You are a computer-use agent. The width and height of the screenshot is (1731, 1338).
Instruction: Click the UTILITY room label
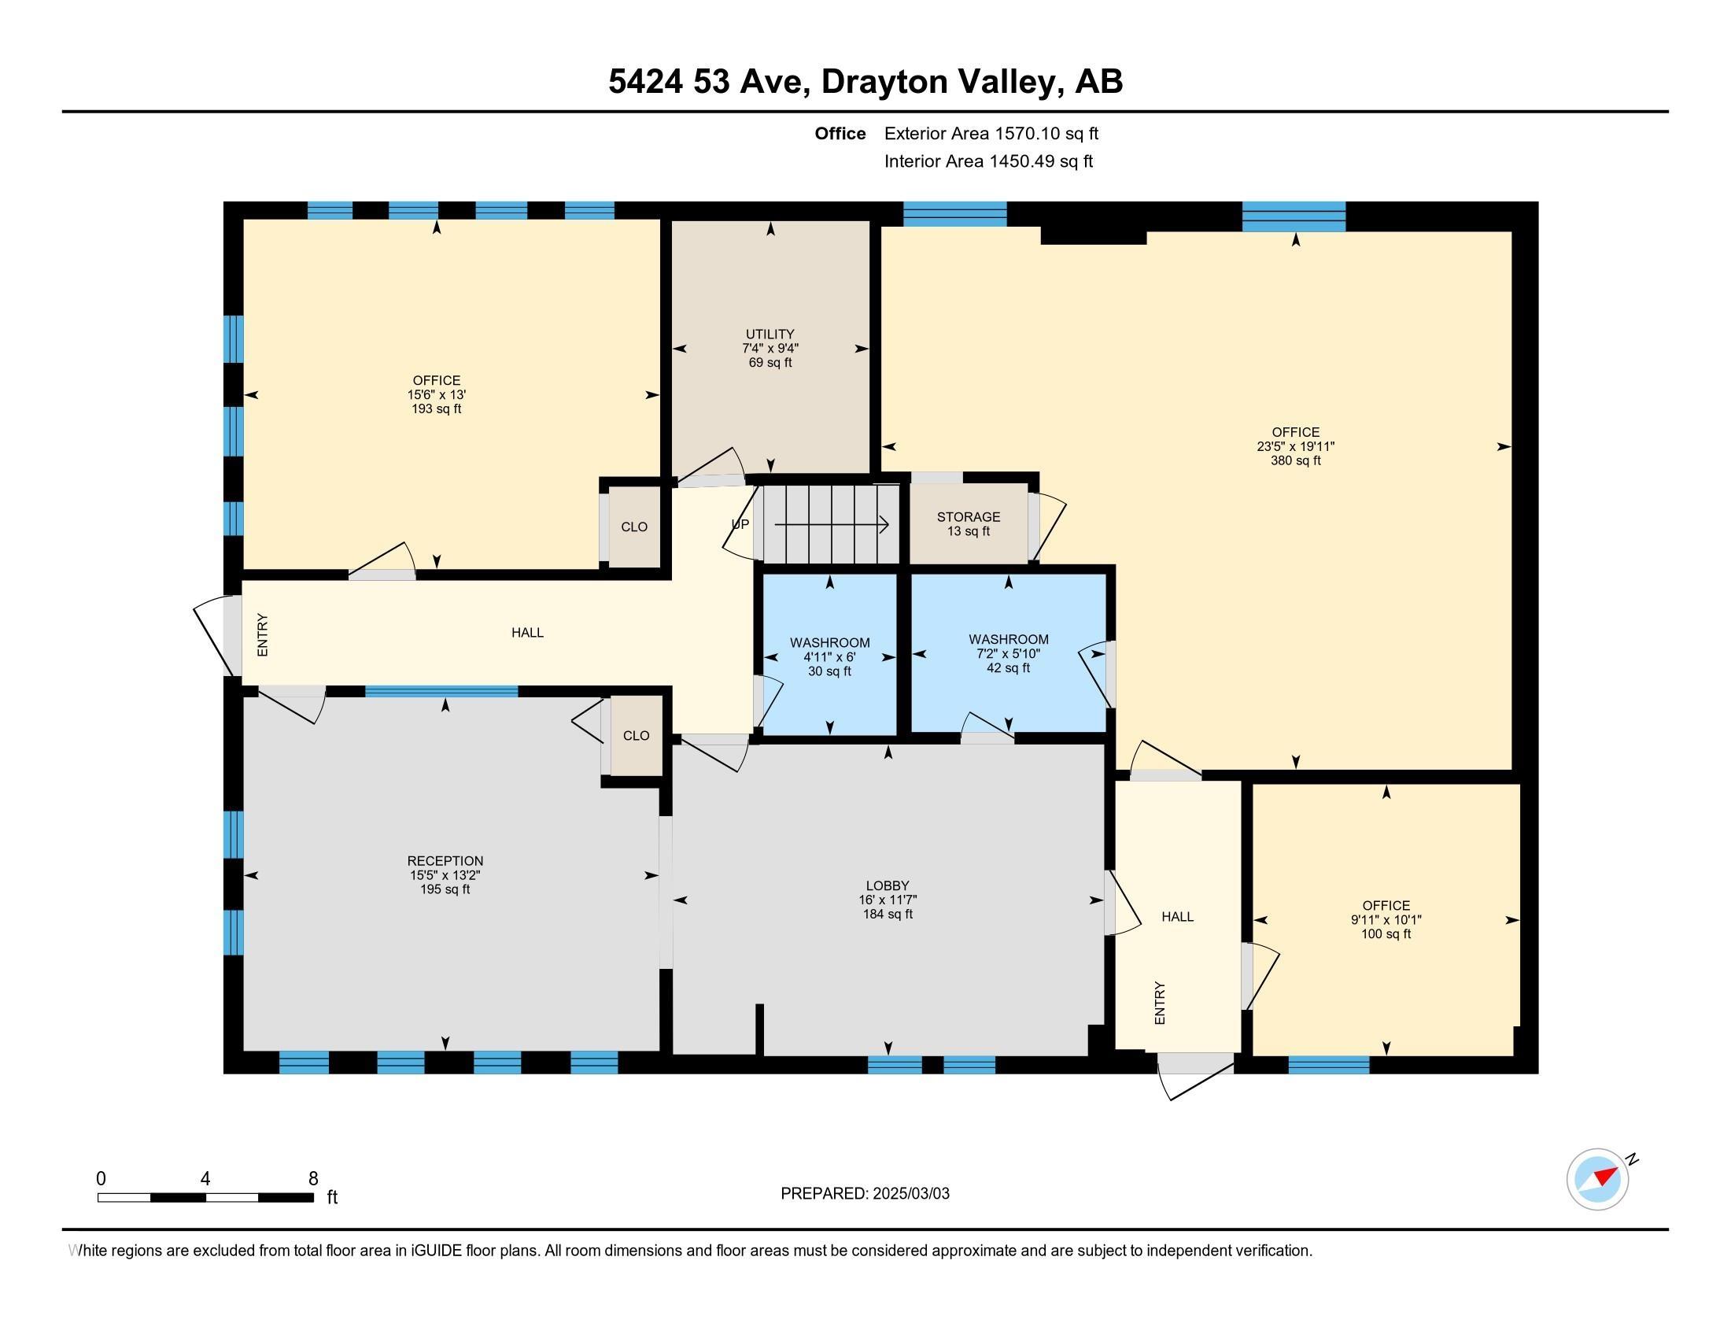click(x=770, y=334)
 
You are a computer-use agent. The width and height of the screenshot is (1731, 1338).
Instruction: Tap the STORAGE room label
click(x=969, y=517)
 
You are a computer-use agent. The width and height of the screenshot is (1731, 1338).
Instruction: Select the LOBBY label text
click(x=888, y=885)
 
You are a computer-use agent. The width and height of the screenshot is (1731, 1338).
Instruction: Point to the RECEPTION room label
click(x=445, y=861)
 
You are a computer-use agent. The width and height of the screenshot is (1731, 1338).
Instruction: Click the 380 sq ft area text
click(x=1296, y=460)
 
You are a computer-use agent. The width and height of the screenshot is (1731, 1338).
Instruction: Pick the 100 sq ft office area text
click(x=1386, y=933)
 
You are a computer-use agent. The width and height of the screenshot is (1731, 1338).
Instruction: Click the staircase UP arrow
click(x=832, y=524)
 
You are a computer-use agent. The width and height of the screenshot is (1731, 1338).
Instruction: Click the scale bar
click(x=205, y=1198)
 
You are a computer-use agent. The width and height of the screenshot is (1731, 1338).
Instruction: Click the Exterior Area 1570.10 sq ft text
click(x=991, y=133)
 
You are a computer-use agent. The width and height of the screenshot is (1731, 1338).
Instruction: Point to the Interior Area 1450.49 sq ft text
click(x=988, y=161)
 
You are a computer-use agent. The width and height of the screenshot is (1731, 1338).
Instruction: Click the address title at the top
click(x=865, y=81)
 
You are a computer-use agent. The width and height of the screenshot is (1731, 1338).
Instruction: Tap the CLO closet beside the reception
click(x=636, y=736)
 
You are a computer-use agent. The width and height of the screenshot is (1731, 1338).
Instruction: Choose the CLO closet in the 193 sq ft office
click(x=634, y=527)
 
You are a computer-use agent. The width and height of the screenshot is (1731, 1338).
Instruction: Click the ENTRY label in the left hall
click(x=263, y=635)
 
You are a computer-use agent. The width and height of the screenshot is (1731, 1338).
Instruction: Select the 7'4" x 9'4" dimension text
click(x=770, y=348)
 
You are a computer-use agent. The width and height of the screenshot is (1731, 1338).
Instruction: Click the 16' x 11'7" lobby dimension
click(x=888, y=900)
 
